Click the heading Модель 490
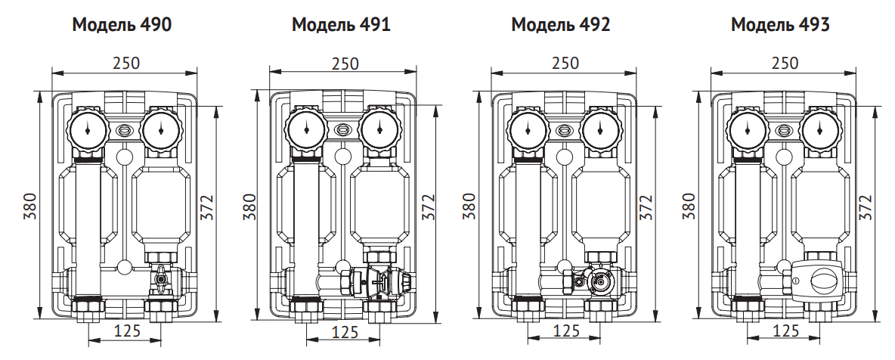click(x=122, y=25)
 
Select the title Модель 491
click(x=341, y=25)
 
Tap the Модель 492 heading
click(x=561, y=25)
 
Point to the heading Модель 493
click(x=780, y=25)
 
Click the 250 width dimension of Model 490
click(x=125, y=63)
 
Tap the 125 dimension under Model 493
click(x=786, y=331)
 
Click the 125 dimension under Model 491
click(x=345, y=331)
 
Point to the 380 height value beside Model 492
click(x=469, y=206)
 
